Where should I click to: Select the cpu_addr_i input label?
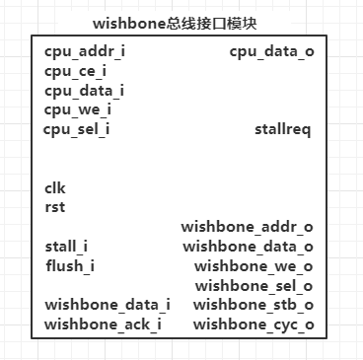pyautogui.click(x=85, y=50)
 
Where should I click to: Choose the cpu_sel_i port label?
pyautogui.click(x=76, y=129)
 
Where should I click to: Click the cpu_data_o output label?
pyautogui.click(x=272, y=50)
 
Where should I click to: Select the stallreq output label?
pyautogui.click(x=282, y=129)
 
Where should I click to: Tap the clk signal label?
pyautogui.click(x=55, y=187)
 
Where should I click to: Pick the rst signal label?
pyautogui.click(x=54, y=207)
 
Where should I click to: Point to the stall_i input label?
pyautogui.click(x=66, y=247)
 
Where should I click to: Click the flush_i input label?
pyautogui.click(x=68, y=266)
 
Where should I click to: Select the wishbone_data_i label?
pyautogui.click(x=107, y=305)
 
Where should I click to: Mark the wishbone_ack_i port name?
pyautogui.click(x=104, y=324)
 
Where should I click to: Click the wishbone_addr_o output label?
pyautogui.click(x=247, y=227)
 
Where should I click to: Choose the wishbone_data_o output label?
pyautogui.click(x=248, y=247)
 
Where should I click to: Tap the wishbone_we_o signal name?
pyautogui.click(x=254, y=266)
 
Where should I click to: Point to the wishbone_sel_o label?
pyautogui.click(x=254, y=286)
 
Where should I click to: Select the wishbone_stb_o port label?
pyautogui.click(x=254, y=305)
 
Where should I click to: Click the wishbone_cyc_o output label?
pyautogui.click(x=254, y=324)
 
